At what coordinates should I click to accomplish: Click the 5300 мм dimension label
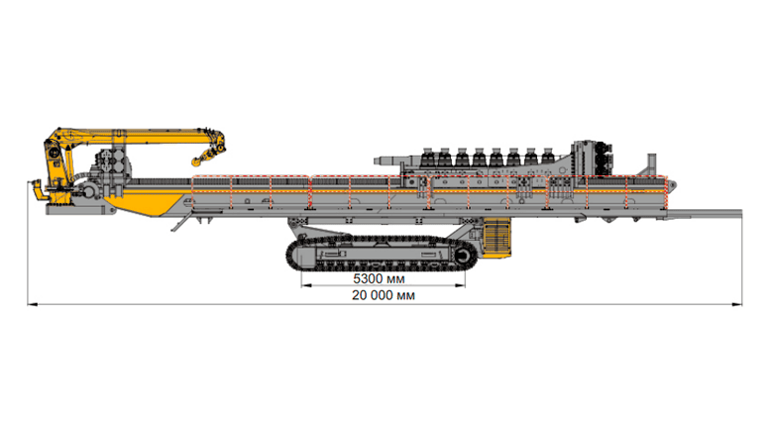379,278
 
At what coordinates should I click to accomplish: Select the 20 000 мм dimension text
384,295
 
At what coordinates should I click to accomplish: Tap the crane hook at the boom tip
200,159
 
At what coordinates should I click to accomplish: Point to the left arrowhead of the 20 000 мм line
33,305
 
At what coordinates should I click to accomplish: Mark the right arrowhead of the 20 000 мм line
737,305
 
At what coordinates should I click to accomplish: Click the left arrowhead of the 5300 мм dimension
306,285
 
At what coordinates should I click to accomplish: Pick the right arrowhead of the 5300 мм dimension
460,285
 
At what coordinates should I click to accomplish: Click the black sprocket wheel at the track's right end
463,256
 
